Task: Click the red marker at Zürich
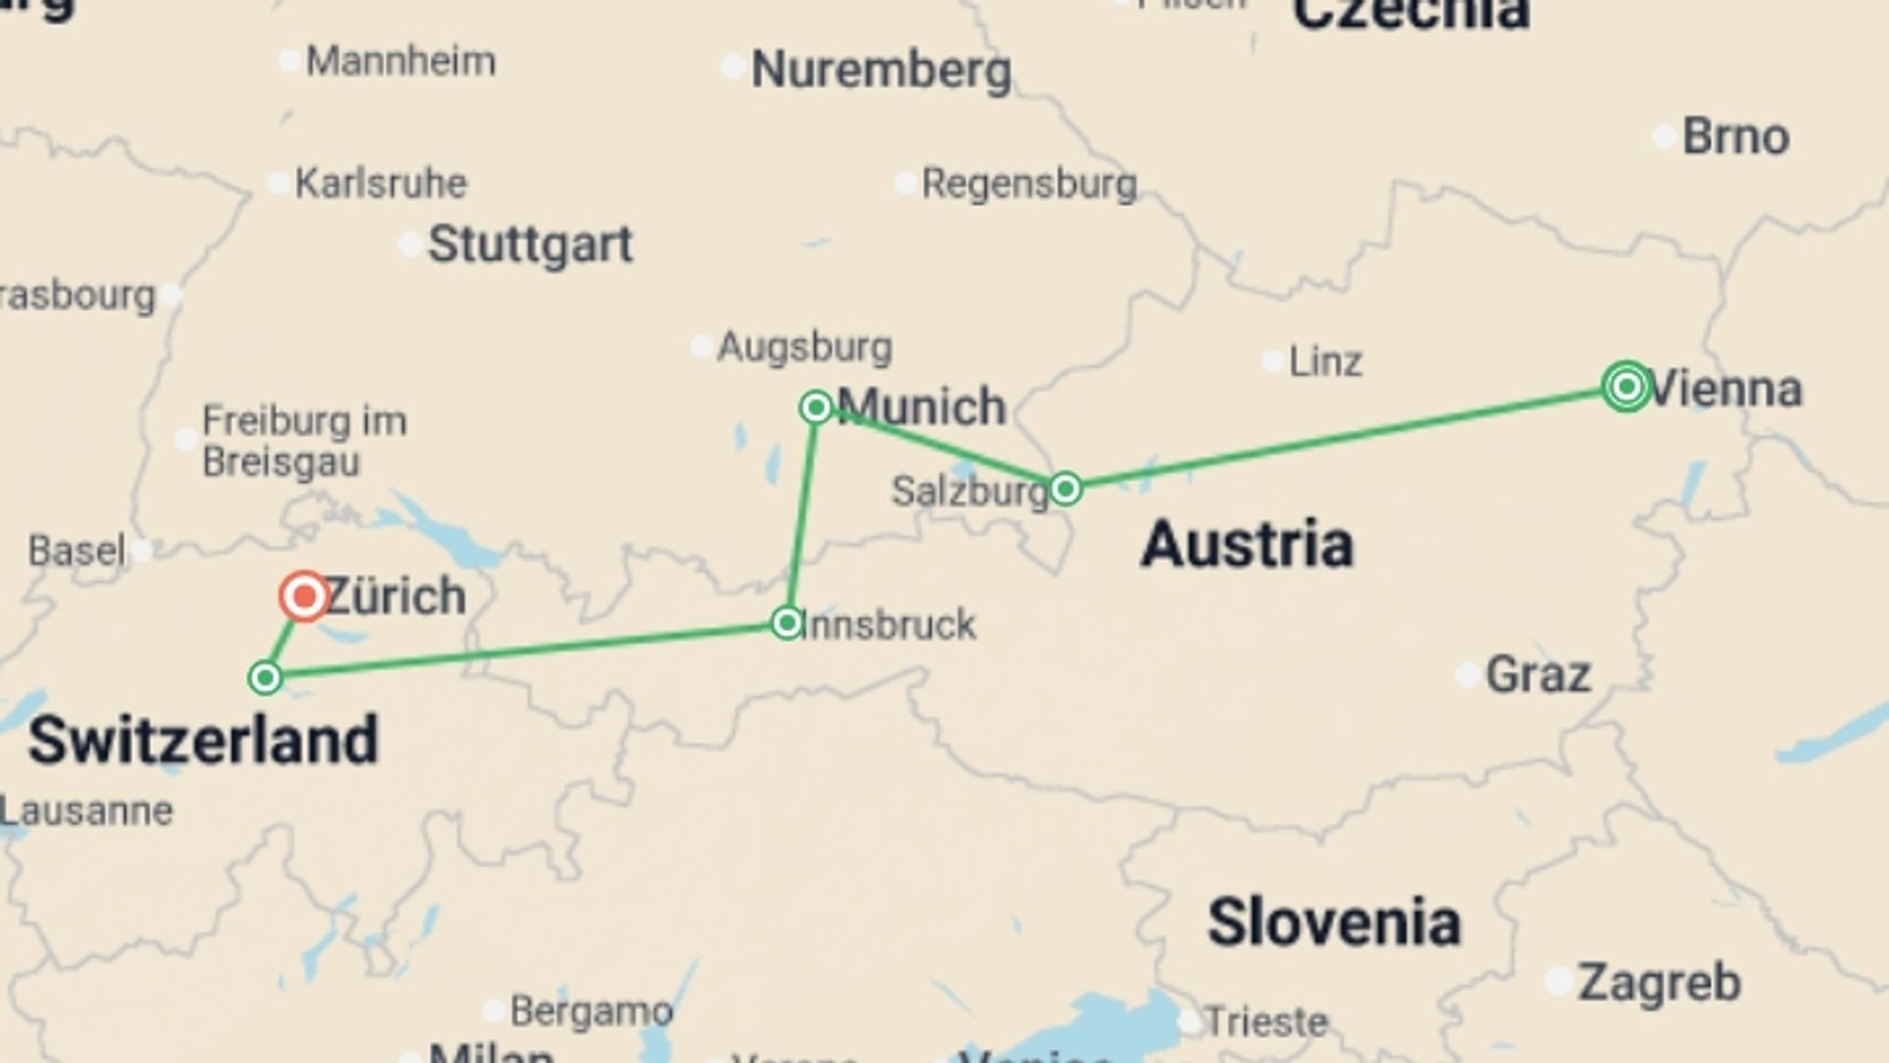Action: pyautogui.click(x=304, y=595)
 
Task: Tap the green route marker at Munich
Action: pyautogui.click(x=816, y=406)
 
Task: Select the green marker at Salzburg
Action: pyautogui.click(x=1066, y=488)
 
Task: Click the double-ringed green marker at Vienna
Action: pyautogui.click(x=1626, y=386)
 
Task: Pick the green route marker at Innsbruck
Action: pyautogui.click(x=786, y=623)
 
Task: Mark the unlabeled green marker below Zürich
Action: pyautogui.click(x=265, y=678)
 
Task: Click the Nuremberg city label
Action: pyautogui.click(x=881, y=71)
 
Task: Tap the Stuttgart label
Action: pyautogui.click(x=530, y=244)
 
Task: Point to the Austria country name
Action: pyautogui.click(x=1247, y=543)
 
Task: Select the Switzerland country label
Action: pyautogui.click(x=203, y=740)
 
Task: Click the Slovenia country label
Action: pyautogui.click(x=1333, y=922)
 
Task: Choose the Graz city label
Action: pyautogui.click(x=1537, y=675)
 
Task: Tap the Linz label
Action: pyautogui.click(x=1324, y=362)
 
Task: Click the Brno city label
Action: pyautogui.click(x=1735, y=137)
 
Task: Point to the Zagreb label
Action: pyautogui.click(x=1659, y=982)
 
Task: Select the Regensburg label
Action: pyautogui.click(x=1028, y=184)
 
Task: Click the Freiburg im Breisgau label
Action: pyautogui.click(x=303, y=441)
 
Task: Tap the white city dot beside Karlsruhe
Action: pyautogui.click(x=279, y=183)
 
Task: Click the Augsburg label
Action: pyautogui.click(x=804, y=346)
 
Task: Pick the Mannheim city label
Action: pyautogui.click(x=400, y=62)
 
